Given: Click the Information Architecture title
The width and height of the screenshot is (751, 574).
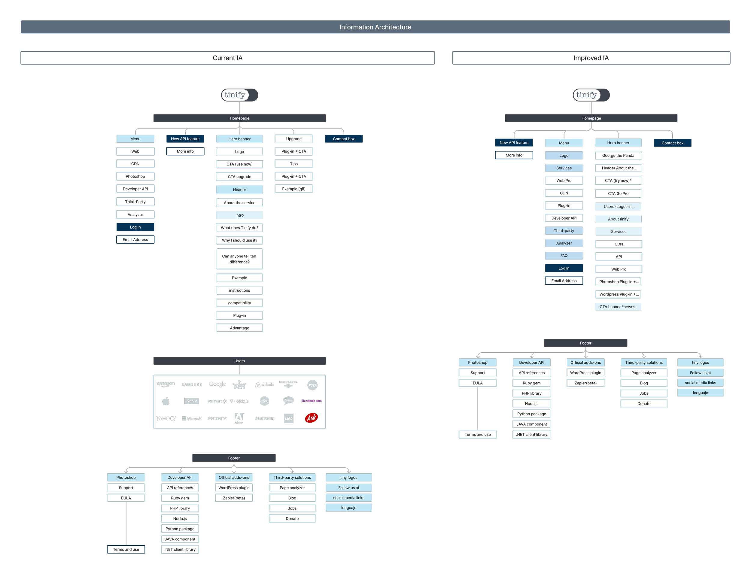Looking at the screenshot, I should pyautogui.click(x=375, y=27).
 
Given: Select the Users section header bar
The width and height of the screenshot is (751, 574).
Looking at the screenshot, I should pyautogui.click(x=239, y=361).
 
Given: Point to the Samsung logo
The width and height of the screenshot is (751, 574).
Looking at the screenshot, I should pyautogui.click(x=192, y=385).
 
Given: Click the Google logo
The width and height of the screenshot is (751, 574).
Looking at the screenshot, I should pyautogui.click(x=217, y=384).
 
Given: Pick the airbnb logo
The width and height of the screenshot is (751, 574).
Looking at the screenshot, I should pyautogui.click(x=264, y=385).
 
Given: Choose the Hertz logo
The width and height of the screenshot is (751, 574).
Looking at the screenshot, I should pyautogui.click(x=191, y=401).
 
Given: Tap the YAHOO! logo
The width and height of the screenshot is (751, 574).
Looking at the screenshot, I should pyautogui.click(x=166, y=418).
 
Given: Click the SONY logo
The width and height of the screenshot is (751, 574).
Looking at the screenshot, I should pyautogui.click(x=217, y=418).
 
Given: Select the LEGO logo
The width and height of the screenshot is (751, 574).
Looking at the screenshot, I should pyautogui.click(x=289, y=418).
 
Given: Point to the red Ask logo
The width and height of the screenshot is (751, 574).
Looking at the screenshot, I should pyautogui.click(x=311, y=418).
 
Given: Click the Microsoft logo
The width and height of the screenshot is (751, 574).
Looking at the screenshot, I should pyautogui.click(x=192, y=418).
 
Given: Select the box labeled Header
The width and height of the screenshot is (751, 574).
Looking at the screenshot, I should pyautogui.click(x=239, y=190).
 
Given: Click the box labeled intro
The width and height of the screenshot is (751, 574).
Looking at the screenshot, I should pyautogui.click(x=239, y=215).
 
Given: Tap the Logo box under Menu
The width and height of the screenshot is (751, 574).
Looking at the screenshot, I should pyautogui.click(x=564, y=156).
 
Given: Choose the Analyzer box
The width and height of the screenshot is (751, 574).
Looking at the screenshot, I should pyautogui.click(x=564, y=243).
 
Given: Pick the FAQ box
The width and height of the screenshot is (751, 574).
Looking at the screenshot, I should pyautogui.click(x=564, y=256).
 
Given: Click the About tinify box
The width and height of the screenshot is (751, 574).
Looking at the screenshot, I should pyautogui.click(x=618, y=219).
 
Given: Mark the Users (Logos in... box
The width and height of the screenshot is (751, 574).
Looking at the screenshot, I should pyautogui.click(x=618, y=206).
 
